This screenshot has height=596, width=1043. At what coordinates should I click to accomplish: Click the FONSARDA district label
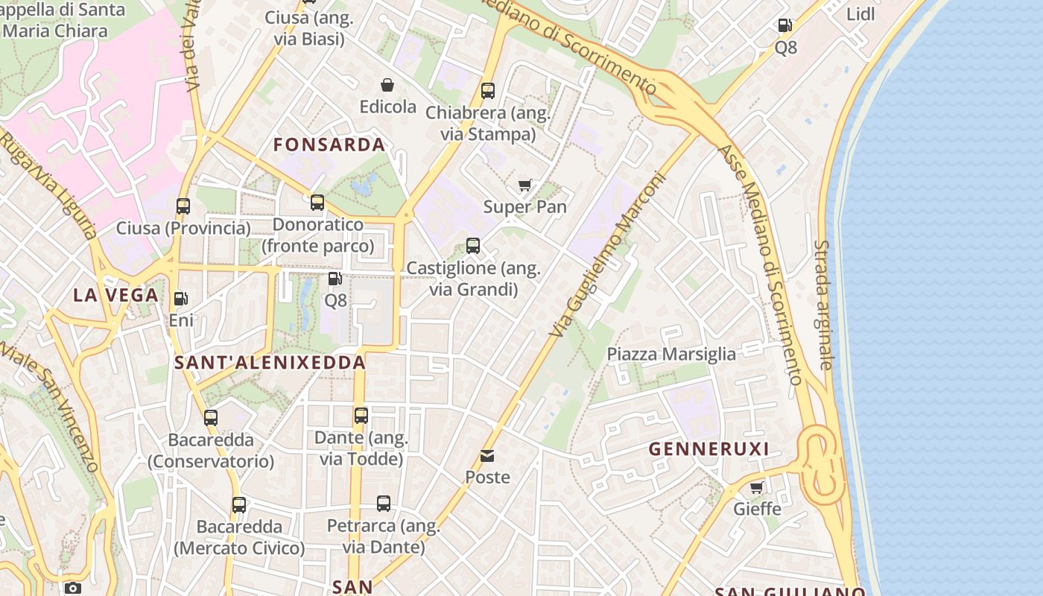coord(329,145)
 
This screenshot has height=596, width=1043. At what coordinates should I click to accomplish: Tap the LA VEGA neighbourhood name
coord(116,295)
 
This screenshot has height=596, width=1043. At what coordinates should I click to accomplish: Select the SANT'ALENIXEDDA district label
coord(270,363)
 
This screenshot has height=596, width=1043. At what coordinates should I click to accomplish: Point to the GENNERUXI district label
coord(708,449)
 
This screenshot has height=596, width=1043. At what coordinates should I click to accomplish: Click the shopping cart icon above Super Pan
coord(525,186)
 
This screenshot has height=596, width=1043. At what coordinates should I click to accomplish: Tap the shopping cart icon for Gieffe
coord(757,488)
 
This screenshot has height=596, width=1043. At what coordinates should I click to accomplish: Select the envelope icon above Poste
coord(487,455)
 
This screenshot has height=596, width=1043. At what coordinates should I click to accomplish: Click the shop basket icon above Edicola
coord(387,86)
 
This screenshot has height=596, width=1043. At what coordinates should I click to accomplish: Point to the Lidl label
coord(860,14)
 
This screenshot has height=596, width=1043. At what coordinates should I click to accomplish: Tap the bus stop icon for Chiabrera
coord(488,91)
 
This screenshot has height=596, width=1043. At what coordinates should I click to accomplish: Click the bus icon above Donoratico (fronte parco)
coord(317,203)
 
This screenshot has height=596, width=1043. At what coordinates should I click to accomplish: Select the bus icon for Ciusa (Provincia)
coord(183,206)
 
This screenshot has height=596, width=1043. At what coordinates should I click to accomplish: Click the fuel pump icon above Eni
coord(180,299)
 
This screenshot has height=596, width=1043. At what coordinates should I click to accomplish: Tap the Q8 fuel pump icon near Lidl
coord(785,26)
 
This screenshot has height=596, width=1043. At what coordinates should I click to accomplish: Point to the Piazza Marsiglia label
coord(671,354)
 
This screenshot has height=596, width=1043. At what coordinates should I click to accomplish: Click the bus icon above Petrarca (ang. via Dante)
coord(384,504)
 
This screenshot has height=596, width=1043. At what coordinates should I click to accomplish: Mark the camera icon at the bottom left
coord(72,588)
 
